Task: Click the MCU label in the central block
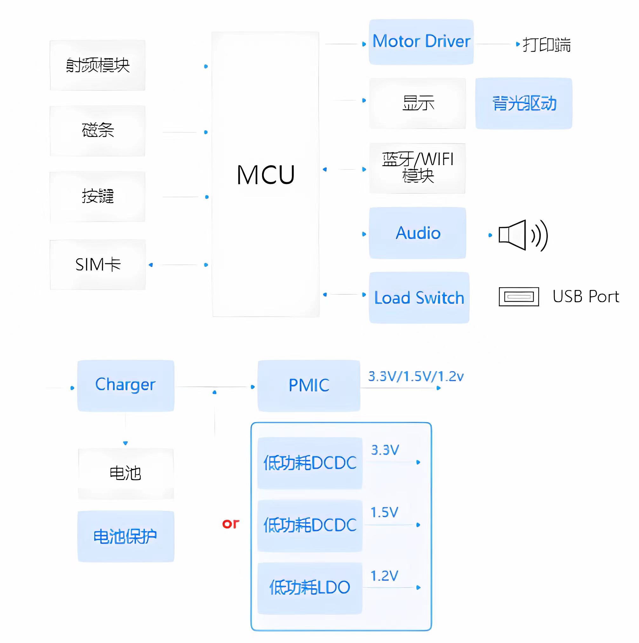pyautogui.click(x=266, y=175)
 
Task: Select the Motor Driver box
pyautogui.click(x=421, y=42)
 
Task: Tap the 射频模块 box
pyautogui.click(x=98, y=65)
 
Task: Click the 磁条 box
pyautogui.click(x=98, y=131)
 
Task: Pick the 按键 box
pyautogui.click(x=98, y=196)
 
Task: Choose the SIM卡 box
pyautogui.click(x=98, y=265)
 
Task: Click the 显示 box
pyautogui.click(x=417, y=103)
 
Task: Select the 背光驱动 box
pyautogui.click(x=524, y=103)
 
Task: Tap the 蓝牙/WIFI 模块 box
pyautogui.click(x=417, y=168)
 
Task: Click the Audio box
pyautogui.click(x=417, y=233)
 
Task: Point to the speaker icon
pyautogui.click(x=522, y=235)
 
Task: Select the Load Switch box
pyautogui.click(x=419, y=298)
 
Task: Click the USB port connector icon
pyautogui.click(x=519, y=296)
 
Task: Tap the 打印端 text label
pyautogui.click(x=547, y=44)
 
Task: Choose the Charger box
pyautogui.click(x=125, y=385)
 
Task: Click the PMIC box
pyautogui.click(x=309, y=385)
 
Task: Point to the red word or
pyautogui.click(x=231, y=524)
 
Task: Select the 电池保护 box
pyautogui.click(x=125, y=536)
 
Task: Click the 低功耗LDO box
pyautogui.click(x=309, y=588)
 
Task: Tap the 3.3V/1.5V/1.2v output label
pyautogui.click(x=415, y=376)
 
